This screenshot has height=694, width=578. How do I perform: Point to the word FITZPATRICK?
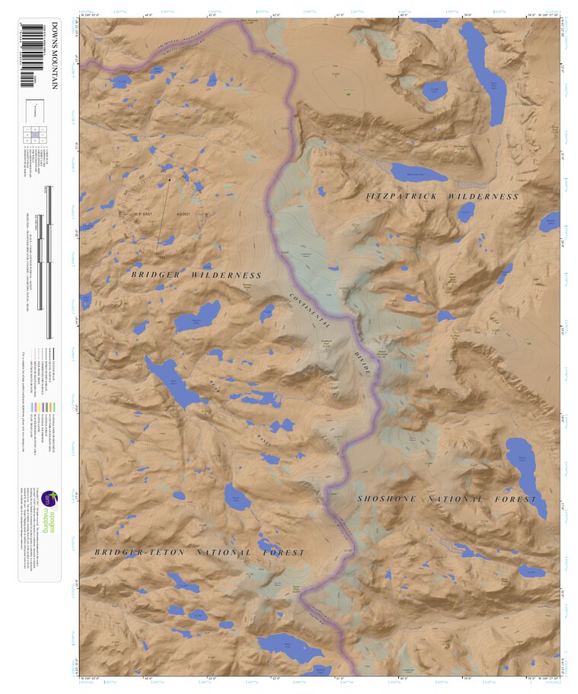[x=403, y=196]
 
